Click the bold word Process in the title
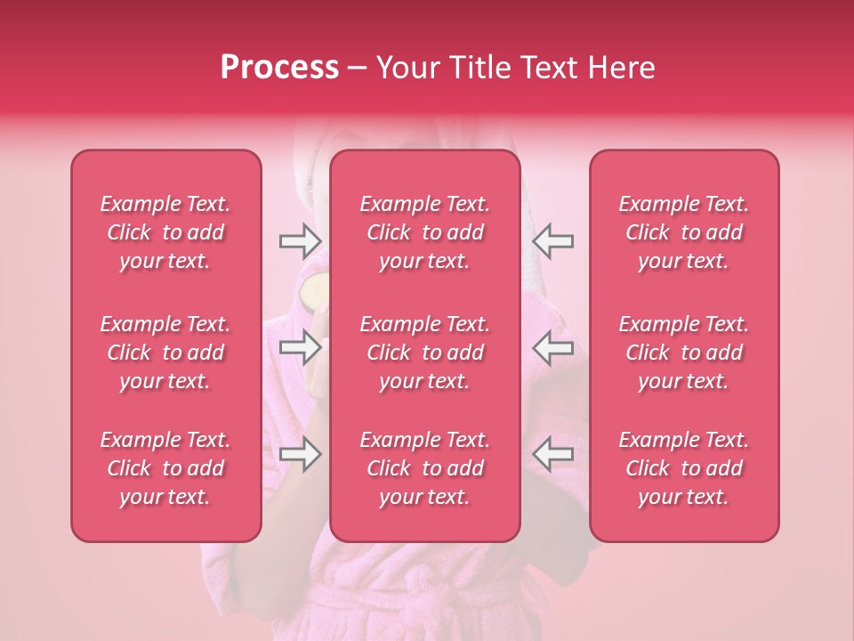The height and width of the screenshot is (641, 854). pos(279,68)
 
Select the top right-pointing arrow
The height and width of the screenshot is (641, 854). pos(301,240)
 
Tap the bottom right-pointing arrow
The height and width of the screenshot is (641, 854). pos(301,455)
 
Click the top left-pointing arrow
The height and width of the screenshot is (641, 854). pos(552,240)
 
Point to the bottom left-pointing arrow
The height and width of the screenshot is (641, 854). pos(552,455)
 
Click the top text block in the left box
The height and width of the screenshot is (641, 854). pos(165,232)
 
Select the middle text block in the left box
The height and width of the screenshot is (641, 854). pos(165,353)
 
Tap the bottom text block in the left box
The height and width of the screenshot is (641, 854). pos(165,468)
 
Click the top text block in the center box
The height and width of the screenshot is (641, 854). pos(425,232)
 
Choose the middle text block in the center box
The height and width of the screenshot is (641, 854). pos(425,353)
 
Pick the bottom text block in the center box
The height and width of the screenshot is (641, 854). pos(425,468)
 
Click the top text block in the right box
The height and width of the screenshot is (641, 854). pos(684,232)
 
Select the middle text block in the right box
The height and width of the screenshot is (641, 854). pos(684,353)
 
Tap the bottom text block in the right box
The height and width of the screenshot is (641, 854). pos(684,468)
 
